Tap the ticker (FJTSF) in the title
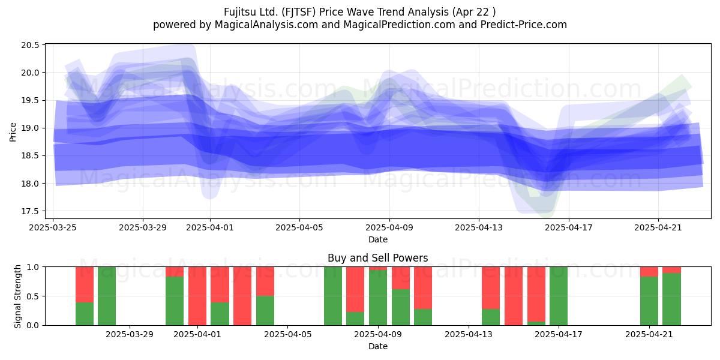click(299, 12)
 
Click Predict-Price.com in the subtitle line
click(524, 25)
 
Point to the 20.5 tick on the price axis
click(30, 45)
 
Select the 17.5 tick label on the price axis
click(30, 211)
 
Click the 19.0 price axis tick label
click(30, 128)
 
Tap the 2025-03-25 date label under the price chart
click(53, 227)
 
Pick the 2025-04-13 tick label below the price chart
click(479, 227)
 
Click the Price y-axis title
click(13, 132)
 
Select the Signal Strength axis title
click(17, 296)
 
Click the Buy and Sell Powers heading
click(377, 258)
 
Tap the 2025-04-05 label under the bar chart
click(287, 335)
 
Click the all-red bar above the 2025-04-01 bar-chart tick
click(197, 296)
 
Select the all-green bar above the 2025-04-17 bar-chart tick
click(559, 296)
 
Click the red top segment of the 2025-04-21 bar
click(649, 272)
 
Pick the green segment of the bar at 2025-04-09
click(378, 298)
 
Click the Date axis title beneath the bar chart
click(377, 347)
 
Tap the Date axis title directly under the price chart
click(377, 239)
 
